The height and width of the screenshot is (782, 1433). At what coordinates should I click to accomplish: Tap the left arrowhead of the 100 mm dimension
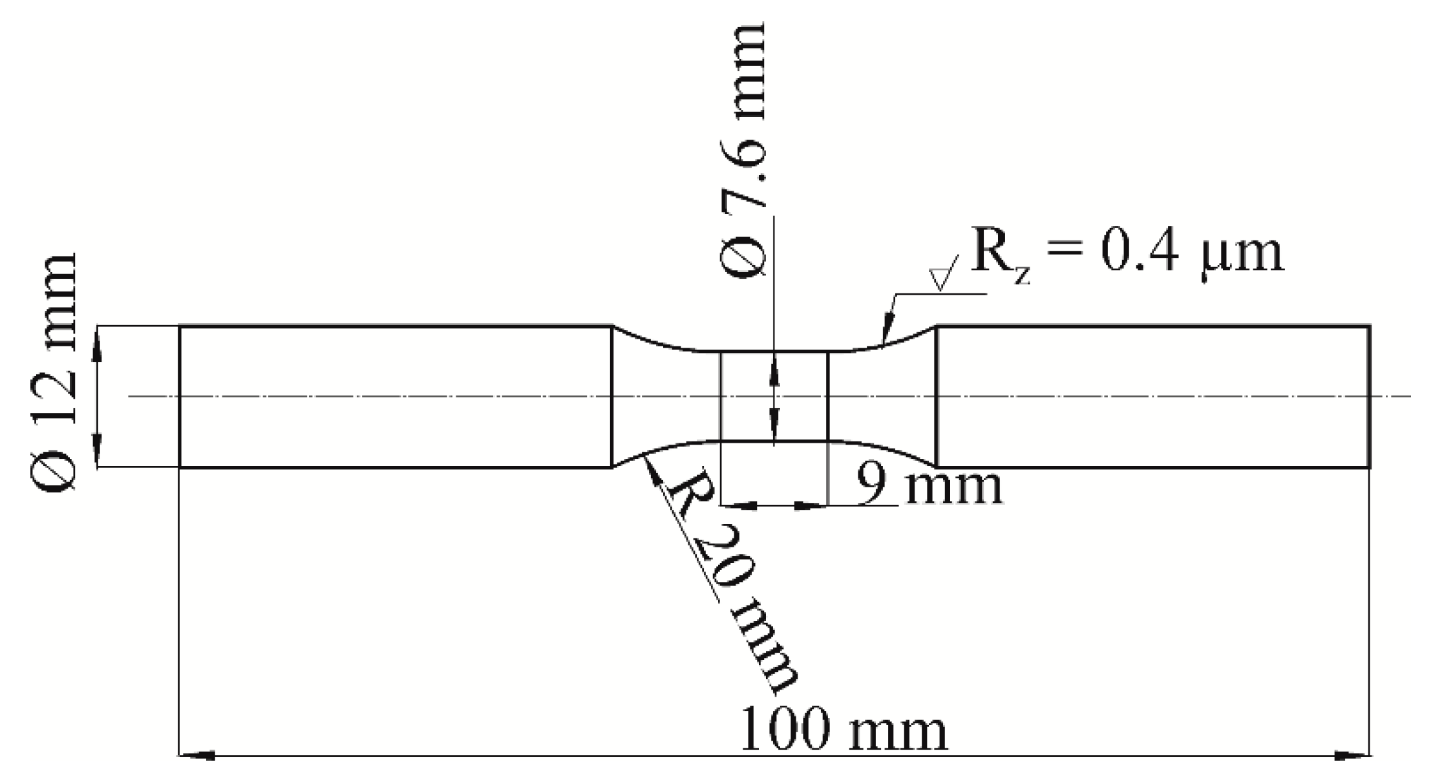[x=197, y=754]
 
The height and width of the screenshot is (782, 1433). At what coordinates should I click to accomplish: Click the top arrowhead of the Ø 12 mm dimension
[x=97, y=343]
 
